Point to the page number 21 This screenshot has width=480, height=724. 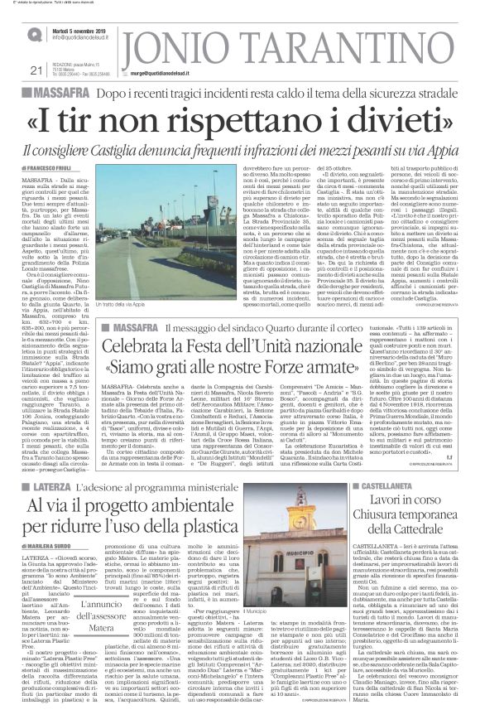(12, 70)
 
